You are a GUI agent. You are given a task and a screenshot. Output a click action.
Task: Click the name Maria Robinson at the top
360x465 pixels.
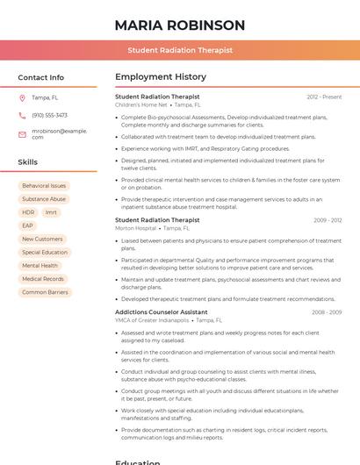[x=179, y=25]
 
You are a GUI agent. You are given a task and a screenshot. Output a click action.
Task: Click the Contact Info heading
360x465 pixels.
[x=41, y=77]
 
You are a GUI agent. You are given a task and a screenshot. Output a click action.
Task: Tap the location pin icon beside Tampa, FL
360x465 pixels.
[x=22, y=97]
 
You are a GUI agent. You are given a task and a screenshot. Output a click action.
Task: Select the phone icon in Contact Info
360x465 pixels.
[x=22, y=115]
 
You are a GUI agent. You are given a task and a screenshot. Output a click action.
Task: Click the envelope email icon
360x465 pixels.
[x=22, y=134]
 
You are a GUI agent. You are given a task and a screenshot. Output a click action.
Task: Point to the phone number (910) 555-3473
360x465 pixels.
[x=49, y=115]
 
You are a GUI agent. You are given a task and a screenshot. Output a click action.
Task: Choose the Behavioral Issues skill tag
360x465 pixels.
[x=44, y=186]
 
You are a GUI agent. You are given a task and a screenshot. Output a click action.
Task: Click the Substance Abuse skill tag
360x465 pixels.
[x=44, y=199]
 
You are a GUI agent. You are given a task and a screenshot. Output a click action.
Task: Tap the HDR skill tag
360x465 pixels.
[x=28, y=212]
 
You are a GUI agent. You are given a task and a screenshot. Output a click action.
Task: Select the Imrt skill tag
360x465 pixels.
[x=51, y=212]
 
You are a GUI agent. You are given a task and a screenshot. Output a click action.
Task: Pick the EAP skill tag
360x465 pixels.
[x=27, y=225]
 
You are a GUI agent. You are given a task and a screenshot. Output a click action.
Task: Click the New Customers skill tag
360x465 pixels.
[x=42, y=239]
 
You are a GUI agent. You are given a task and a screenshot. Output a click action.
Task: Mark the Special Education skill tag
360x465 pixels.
[x=45, y=252]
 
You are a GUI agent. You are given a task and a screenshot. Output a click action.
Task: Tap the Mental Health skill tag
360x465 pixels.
[x=40, y=265]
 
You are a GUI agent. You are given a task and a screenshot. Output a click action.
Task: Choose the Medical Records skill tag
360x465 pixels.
[x=42, y=279]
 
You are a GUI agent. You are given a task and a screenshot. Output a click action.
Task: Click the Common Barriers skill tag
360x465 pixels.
[x=45, y=292]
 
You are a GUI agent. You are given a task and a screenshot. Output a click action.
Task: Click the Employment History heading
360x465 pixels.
[x=161, y=77]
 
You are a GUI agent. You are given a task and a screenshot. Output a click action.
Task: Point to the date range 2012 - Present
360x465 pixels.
[x=324, y=97]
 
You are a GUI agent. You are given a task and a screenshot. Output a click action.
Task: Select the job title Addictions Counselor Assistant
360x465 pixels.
[x=162, y=312]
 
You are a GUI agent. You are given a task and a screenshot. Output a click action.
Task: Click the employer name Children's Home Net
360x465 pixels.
[x=140, y=104]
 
